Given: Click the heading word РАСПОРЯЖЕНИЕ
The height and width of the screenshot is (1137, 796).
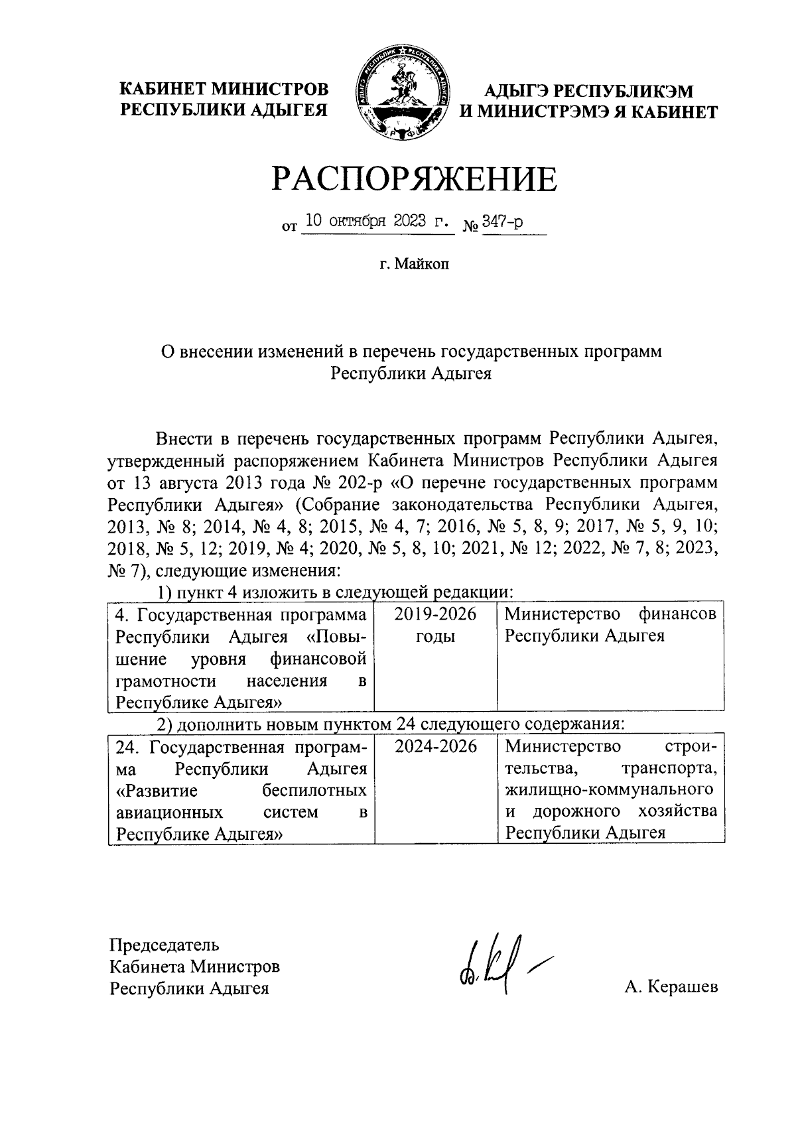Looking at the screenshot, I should (x=414, y=179).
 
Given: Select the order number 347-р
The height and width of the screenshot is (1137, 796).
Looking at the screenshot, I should (x=502, y=222).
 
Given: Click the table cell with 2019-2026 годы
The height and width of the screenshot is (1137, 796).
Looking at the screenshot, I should (x=435, y=626).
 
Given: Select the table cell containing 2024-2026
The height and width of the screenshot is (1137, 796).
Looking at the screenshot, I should (x=435, y=747).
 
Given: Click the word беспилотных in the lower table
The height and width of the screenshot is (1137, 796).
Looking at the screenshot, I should (x=314, y=791).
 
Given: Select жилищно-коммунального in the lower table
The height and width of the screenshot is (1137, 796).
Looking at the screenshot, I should (x=609, y=791).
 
